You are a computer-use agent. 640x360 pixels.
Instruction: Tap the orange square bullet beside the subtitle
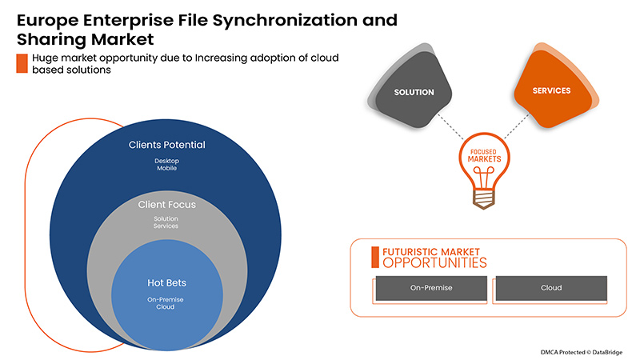click(22, 64)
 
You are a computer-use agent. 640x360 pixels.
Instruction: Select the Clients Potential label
click(167, 146)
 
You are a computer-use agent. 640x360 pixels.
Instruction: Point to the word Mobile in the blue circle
click(167, 170)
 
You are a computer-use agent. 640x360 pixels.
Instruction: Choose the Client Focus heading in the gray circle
click(166, 205)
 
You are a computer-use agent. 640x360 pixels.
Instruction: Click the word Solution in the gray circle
click(166, 218)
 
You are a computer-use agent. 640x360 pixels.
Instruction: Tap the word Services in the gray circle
click(166, 226)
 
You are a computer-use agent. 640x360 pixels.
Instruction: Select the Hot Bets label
click(166, 282)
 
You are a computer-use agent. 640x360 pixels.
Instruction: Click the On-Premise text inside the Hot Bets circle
click(166, 298)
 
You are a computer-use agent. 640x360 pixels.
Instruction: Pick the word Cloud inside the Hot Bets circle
click(166, 307)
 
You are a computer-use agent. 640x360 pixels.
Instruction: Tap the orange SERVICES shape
click(551, 90)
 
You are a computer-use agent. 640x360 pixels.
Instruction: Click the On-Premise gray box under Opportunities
click(430, 288)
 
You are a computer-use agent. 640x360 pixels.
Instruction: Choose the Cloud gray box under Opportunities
click(551, 288)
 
